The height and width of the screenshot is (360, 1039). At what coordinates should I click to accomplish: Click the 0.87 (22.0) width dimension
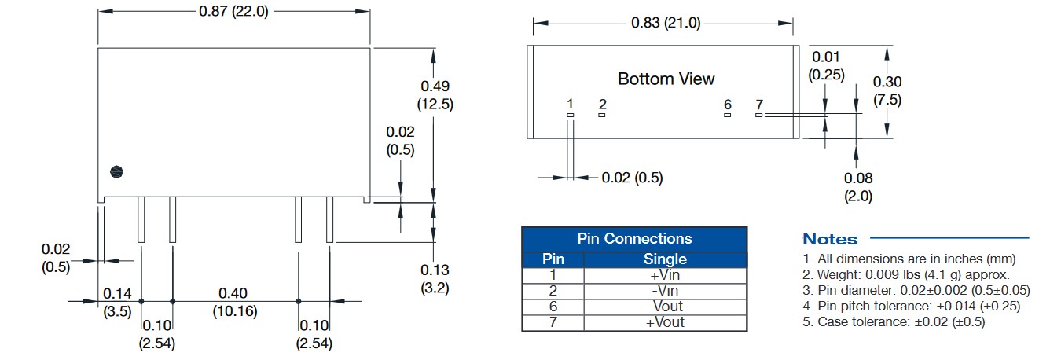pos(233,11)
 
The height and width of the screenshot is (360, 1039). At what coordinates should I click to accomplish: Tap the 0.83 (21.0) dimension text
pos(666,22)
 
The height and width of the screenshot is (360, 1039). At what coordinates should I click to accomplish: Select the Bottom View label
pos(666,79)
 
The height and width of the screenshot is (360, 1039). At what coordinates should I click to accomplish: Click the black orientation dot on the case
pos(116,171)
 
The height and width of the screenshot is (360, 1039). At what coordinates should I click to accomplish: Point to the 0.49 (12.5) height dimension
pos(435,94)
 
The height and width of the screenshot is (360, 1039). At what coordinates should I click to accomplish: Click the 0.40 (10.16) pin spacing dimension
pos(235,302)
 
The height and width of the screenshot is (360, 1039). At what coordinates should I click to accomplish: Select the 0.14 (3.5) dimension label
pos(117,302)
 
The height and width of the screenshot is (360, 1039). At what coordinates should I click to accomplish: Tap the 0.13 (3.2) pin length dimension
pos(435,279)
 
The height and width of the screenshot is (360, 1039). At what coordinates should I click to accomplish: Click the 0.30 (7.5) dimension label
pos(887,90)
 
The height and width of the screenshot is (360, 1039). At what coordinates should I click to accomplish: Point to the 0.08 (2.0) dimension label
pos(858,187)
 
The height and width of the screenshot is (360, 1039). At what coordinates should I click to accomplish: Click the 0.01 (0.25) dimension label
pos(826,65)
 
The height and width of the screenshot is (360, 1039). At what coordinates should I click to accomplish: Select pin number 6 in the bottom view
pos(727,105)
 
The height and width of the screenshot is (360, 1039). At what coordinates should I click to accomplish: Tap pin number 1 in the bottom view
pos(570,105)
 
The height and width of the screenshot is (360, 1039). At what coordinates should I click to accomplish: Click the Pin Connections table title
pos(634,238)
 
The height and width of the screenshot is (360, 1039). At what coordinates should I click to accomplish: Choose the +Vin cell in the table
pos(665,275)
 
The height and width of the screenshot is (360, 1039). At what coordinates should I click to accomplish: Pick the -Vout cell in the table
pos(665,307)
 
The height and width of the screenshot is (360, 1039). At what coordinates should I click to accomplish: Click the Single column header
pos(665,259)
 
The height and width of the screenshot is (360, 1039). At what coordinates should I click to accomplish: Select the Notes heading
pos(830,240)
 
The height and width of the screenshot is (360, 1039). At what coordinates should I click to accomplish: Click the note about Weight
pos(906,274)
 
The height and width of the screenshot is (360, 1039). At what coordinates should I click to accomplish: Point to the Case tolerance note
pos(894,322)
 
